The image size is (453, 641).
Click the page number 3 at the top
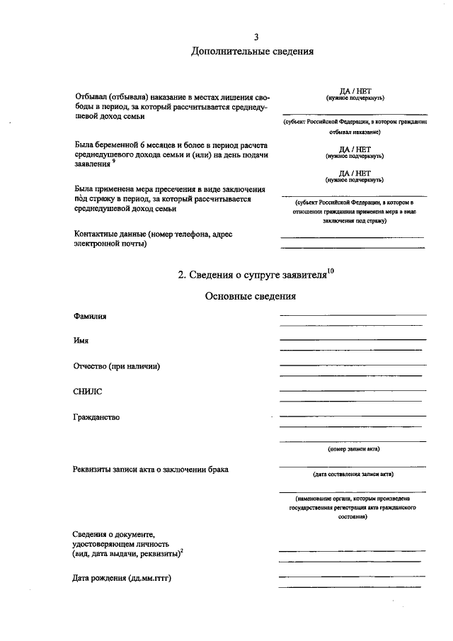point(256,37)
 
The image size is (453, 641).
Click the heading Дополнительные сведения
point(252,51)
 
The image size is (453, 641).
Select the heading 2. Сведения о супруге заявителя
point(251,276)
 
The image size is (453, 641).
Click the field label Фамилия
point(90,316)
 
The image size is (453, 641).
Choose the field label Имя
point(81,341)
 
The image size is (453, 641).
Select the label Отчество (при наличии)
point(116,366)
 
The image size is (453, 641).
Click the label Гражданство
point(97,416)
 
